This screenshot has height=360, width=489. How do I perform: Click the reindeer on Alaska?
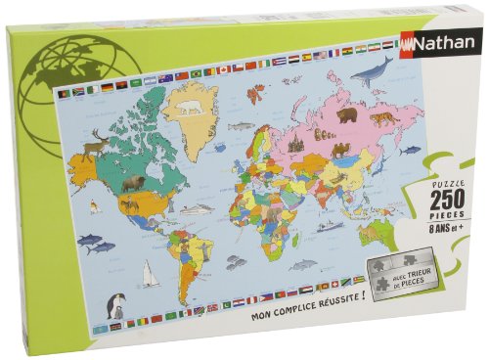[96, 145]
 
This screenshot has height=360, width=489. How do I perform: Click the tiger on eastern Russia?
[378, 119]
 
